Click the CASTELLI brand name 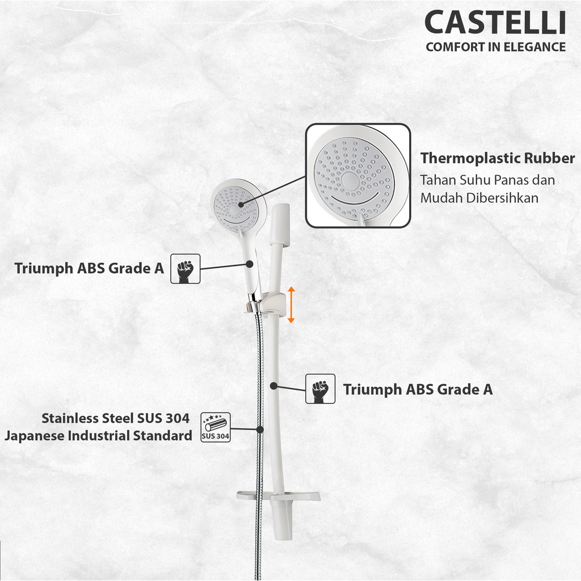point(495,23)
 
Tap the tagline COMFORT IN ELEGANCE point(496,47)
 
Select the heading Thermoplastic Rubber point(497,158)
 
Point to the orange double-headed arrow point(291,305)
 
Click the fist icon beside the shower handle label point(186,268)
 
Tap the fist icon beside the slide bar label point(320,389)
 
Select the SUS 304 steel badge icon point(216,427)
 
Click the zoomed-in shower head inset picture point(358,176)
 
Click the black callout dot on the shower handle point(250,264)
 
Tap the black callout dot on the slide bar point(273,386)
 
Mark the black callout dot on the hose point(260,430)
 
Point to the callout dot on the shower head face point(241,204)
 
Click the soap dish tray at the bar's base point(279,496)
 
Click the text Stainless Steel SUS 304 point(116,418)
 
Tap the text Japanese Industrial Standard point(99,436)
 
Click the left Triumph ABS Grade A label point(89,268)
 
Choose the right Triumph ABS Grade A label point(418,389)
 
